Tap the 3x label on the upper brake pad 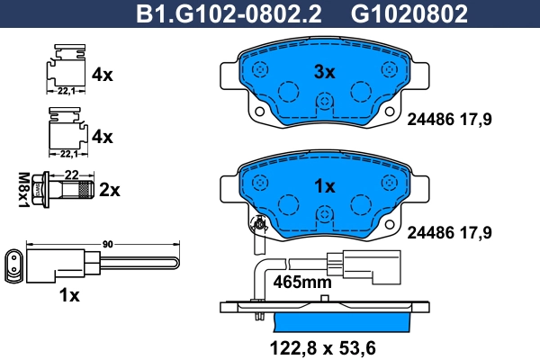coord(323,72)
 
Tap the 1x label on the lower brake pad coord(323,186)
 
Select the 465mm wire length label coord(302,282)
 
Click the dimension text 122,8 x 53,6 coord(324,346)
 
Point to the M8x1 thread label coord(24,190)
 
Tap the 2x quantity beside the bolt coord(109,190)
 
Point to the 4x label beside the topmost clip coord(103,76)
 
